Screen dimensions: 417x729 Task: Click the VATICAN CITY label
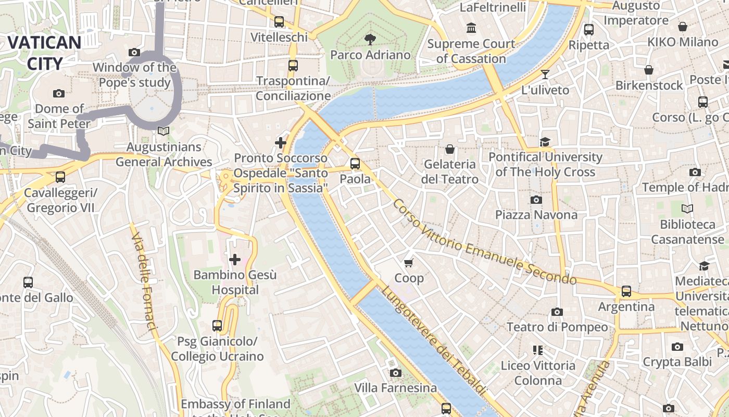pos(44,53)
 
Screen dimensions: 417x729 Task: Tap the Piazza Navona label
pos(536,215)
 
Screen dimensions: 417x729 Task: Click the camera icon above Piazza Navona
pos(536,200)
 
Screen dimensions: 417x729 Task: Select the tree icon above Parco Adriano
pos(370,39)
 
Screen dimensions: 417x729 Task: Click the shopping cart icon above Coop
pos(409,263)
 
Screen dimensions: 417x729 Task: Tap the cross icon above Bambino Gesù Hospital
pos(235,259)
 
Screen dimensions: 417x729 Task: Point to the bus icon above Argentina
pos(626,291)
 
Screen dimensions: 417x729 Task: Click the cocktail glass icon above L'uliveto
pos(545,75)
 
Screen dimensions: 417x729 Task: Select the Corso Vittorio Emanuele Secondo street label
pos(484,242)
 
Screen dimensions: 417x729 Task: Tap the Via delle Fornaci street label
pos(144,281)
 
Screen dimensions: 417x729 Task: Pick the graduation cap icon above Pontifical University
pos(545,142)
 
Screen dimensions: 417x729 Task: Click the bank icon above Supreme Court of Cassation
pos(471,28)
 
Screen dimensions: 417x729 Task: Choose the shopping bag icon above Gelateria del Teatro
pos(450,149)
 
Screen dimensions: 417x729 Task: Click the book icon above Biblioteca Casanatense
pos(687,209)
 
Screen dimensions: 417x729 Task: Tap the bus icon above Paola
pos(355,163)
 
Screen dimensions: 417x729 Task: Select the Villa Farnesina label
pos(395,388)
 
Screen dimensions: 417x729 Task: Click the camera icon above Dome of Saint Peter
pos(59,93)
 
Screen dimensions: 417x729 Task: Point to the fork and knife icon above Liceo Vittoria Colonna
pos(538,350)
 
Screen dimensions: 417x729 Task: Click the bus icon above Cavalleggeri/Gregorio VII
pos(60,177)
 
